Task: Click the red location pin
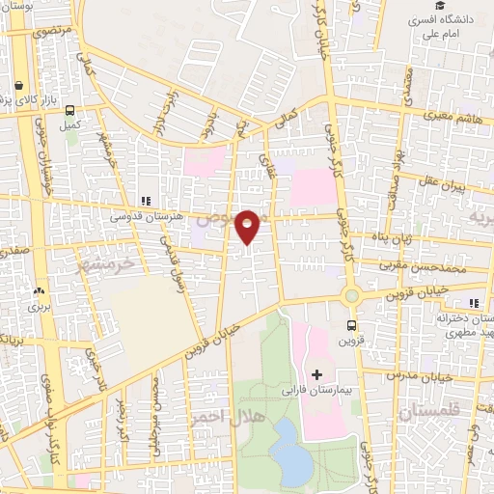coord(249,226)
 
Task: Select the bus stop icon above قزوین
coord(351,325)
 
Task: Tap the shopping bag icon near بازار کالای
coord(19,85)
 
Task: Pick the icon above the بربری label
coord(39,289)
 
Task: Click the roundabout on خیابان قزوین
coord(351,295)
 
